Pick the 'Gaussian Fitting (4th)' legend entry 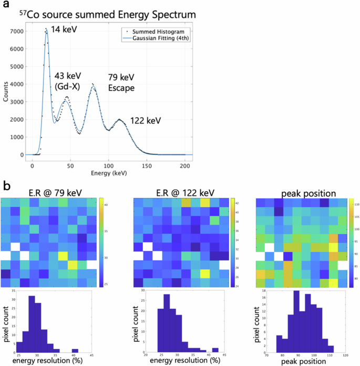(x=157, y=39)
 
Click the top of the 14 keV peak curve (x=46, y=30)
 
